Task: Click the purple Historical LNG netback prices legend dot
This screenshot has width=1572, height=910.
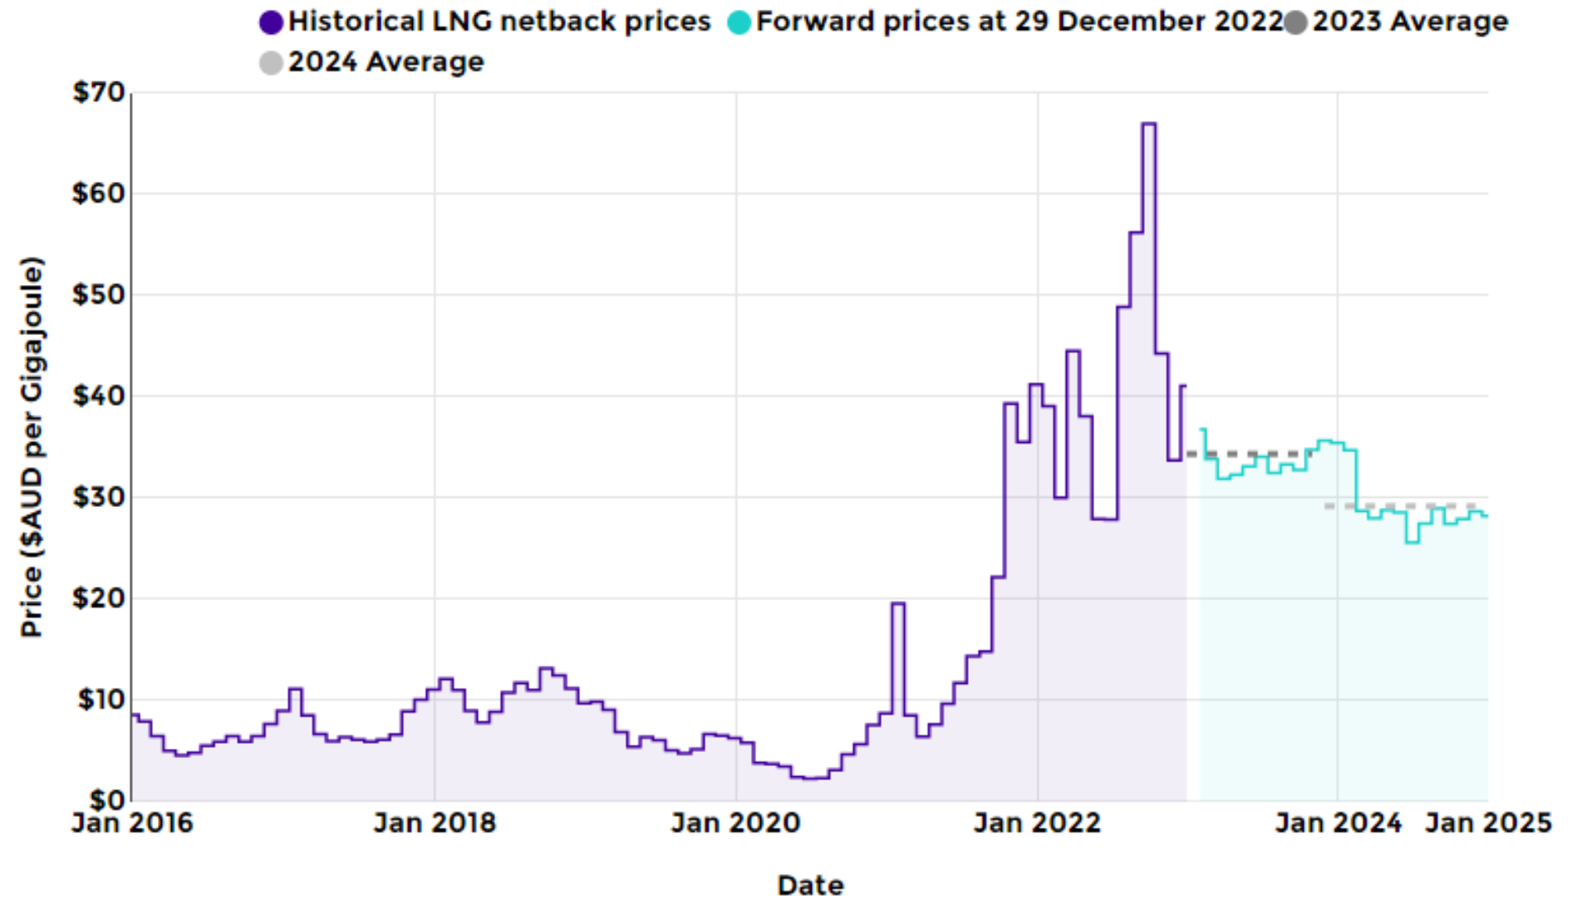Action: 271,22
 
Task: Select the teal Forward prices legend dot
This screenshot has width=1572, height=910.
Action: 739,22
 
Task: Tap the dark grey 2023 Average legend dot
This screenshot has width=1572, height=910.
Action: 1295,22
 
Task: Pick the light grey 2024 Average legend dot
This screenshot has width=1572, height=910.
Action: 271,63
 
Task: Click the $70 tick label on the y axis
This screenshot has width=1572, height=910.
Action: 98,92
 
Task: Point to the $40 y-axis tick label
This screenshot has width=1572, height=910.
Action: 98,396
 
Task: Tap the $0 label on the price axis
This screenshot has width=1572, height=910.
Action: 108,800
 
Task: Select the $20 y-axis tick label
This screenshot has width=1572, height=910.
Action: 98,598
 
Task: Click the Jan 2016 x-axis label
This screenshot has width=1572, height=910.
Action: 132,824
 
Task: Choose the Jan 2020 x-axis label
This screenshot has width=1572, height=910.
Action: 735,824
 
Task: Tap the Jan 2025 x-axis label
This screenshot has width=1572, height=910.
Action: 1488,824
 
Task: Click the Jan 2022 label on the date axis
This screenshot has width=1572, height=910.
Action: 1037,824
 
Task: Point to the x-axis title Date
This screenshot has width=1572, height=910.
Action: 810,886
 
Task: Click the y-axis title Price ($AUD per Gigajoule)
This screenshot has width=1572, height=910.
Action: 32,447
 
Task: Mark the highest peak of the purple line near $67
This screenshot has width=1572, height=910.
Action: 1148,124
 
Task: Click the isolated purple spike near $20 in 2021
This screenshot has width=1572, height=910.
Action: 897,603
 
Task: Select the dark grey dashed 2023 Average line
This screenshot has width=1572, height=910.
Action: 1246,454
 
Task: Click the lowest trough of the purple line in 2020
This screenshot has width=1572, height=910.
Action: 810,779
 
